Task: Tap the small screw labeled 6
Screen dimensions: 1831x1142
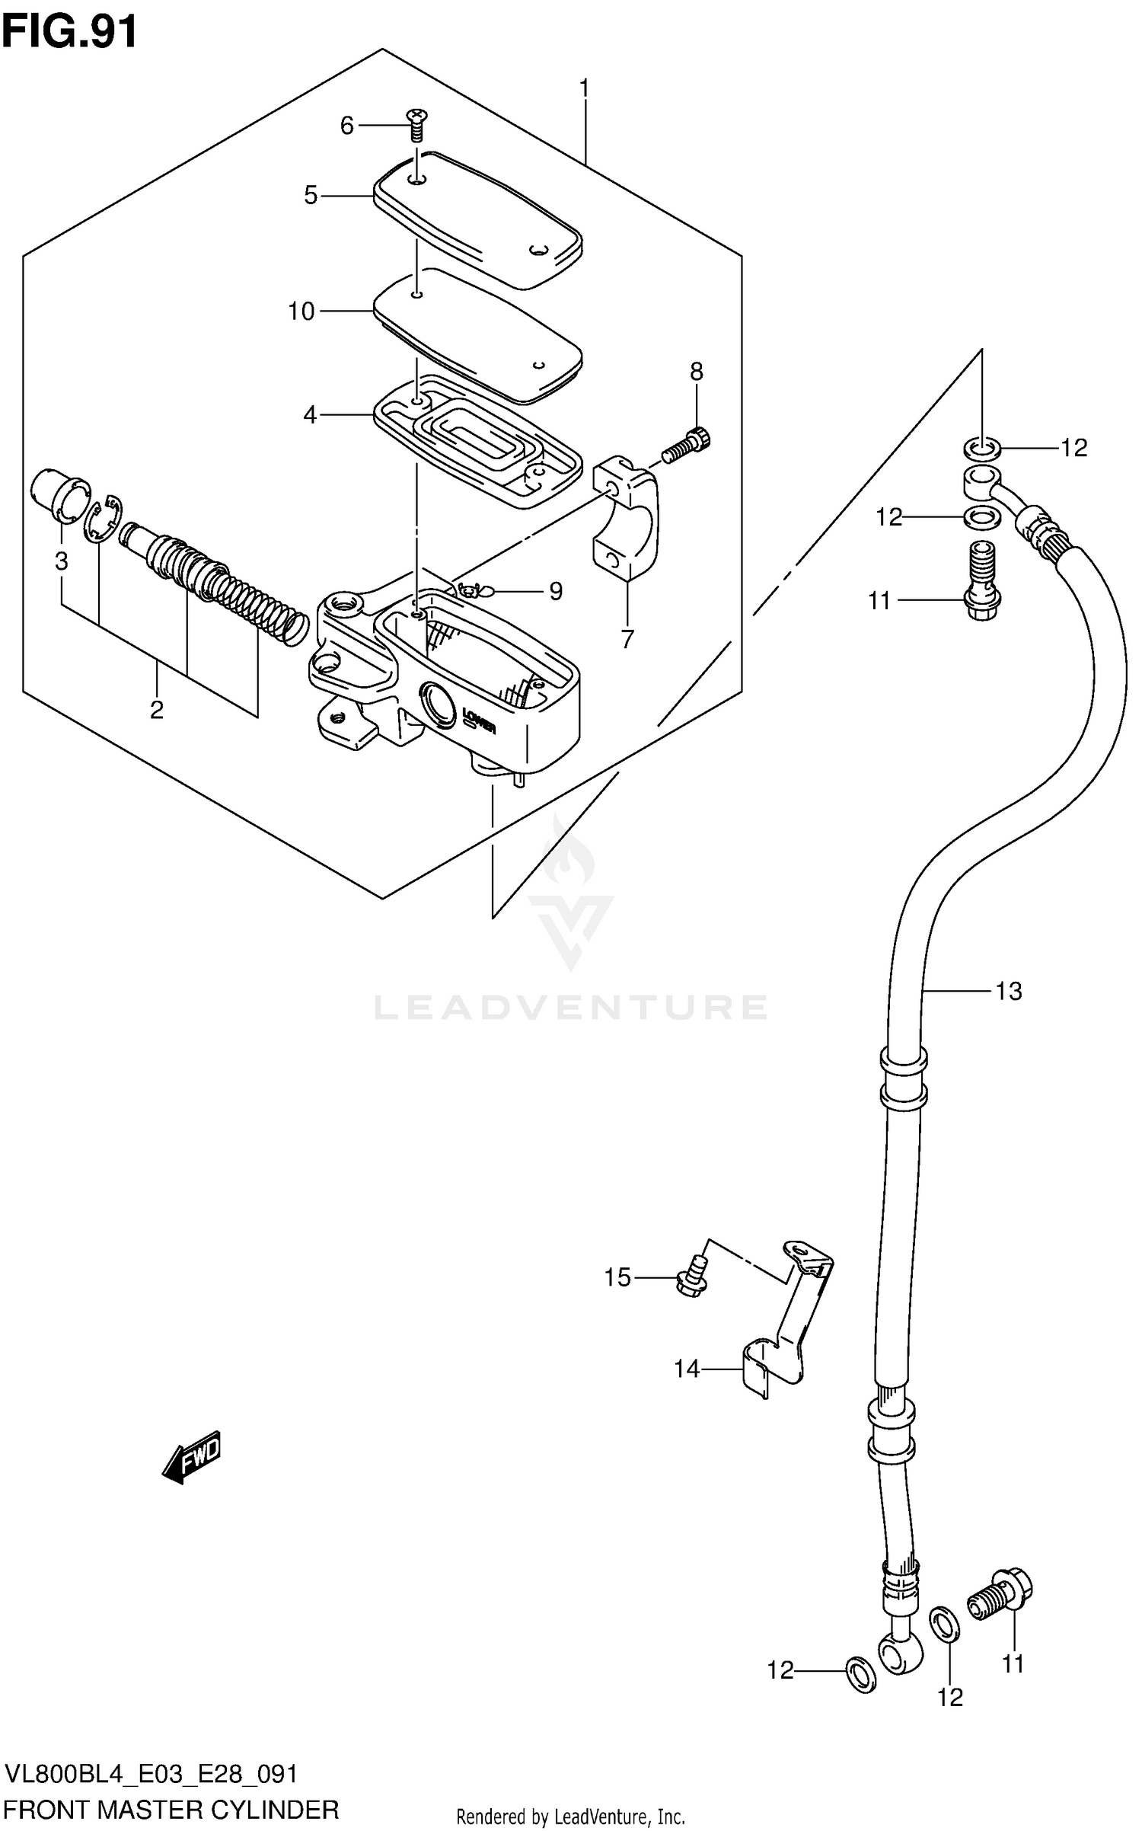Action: [417, 125]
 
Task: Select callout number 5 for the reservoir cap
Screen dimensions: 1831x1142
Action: [311, 196]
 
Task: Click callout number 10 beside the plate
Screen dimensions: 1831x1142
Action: [301, 312]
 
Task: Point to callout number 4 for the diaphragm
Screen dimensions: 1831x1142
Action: [310, 415]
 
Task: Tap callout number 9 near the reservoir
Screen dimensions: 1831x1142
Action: [556, 591]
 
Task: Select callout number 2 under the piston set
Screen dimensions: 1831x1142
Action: [156, 711]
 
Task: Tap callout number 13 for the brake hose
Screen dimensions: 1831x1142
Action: [1009, 991]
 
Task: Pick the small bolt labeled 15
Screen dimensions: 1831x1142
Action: [693, 1278]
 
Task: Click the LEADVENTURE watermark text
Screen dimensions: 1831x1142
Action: [571, 1007]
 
